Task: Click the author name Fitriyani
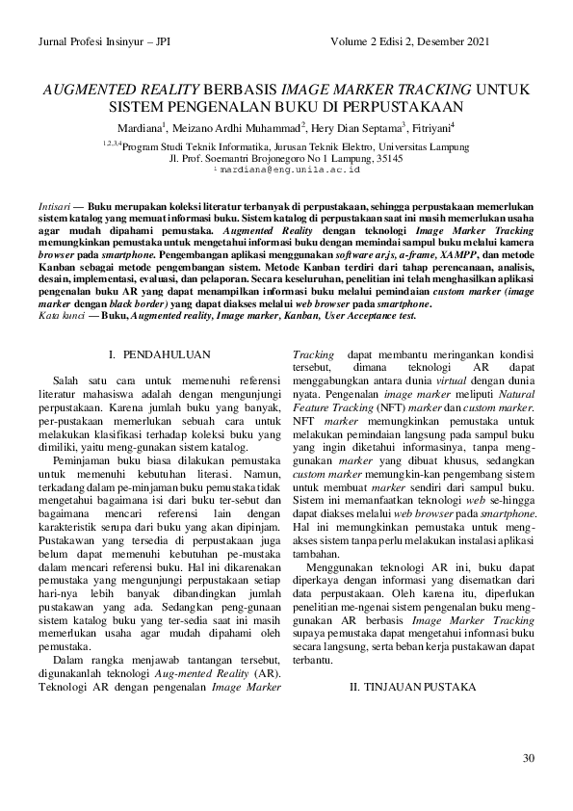[x=431, y=127]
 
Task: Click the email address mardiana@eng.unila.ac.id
[x=288, y=169]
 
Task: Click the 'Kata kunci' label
[x=58, y=316]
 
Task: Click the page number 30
[x=528, y=757]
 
